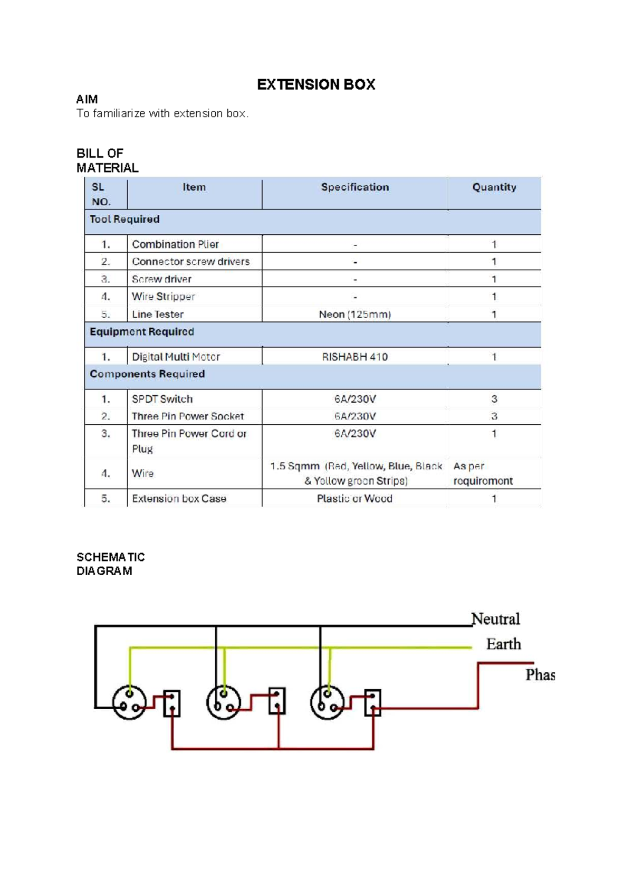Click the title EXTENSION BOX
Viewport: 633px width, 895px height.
click(316, 84)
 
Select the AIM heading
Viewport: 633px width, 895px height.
click(87, 99)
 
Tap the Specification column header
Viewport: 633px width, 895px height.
click(355, 187)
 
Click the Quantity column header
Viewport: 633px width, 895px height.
click(494, 187)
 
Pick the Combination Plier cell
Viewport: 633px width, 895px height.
click(175, 244)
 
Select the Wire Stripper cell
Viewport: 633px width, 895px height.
click(164, 297)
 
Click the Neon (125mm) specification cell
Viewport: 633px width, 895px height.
click(354, 315)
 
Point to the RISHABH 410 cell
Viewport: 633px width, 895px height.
click(354, 357)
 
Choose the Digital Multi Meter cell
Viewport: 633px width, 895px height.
click(176, 357)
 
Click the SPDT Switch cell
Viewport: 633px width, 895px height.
click(162, 399)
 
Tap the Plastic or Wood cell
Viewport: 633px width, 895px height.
click(354, 499)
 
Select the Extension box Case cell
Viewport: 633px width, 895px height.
click(179, 499)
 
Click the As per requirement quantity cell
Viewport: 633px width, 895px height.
click(483, 473)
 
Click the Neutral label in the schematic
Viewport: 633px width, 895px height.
click(495, 619)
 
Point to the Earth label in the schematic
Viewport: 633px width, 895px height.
click(503, 644)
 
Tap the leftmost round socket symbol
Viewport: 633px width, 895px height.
click(129, 702)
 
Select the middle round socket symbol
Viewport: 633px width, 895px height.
click(224, 702)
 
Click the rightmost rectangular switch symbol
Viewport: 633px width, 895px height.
click(372, 703)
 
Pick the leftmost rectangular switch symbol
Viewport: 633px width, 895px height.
click(172, 703)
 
